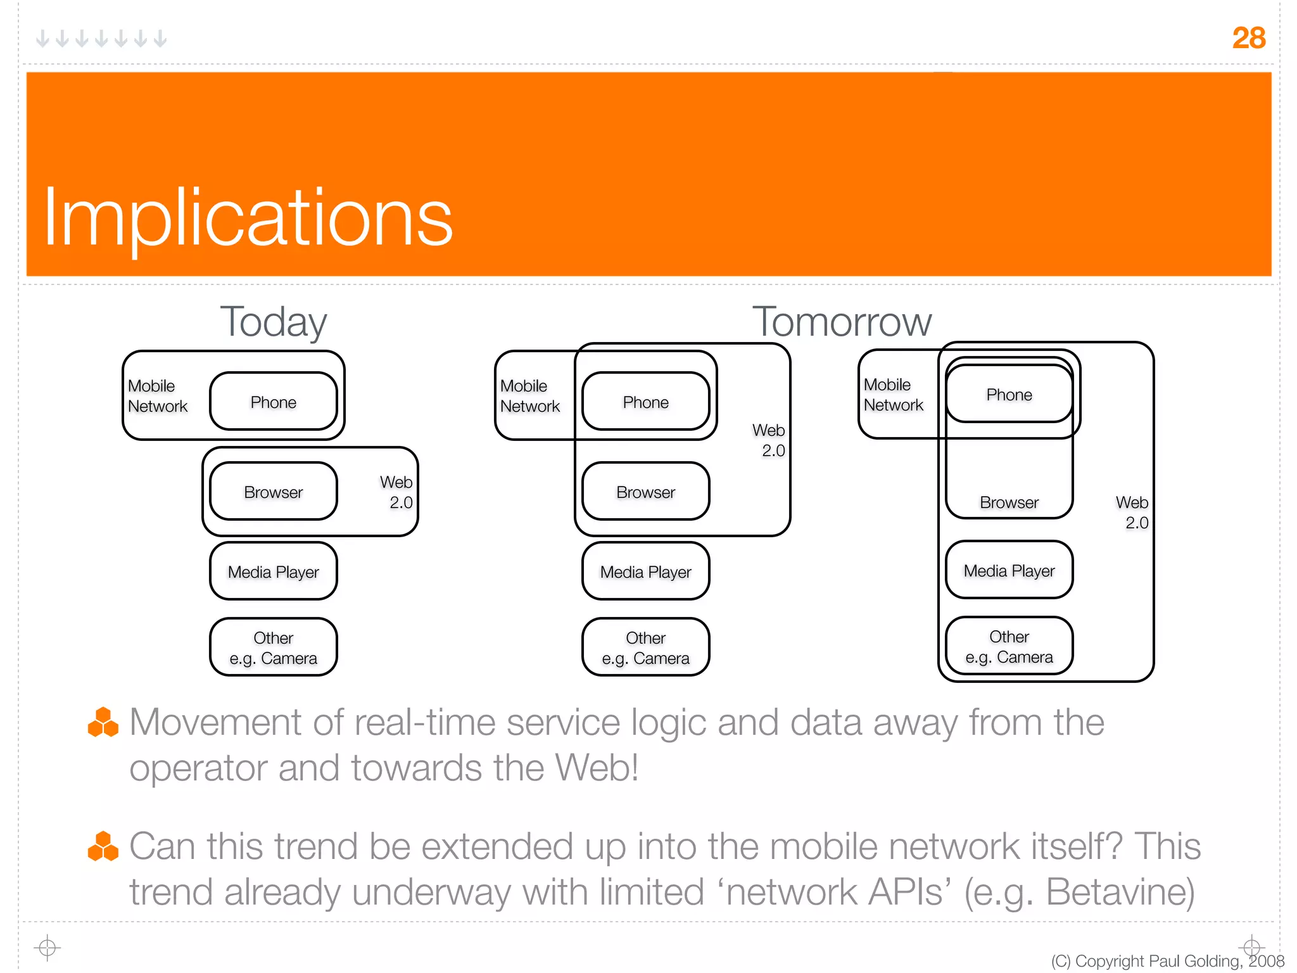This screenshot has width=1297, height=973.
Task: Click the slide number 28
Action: pos(1248,38)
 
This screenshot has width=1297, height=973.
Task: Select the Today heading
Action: pos(273,322)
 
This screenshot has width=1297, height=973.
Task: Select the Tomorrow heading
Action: pos(842,322)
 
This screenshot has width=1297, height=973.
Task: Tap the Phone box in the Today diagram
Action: pos(273,402)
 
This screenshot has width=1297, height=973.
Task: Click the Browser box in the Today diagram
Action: pos(273,492)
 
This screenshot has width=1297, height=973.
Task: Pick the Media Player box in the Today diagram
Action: pos(273,571)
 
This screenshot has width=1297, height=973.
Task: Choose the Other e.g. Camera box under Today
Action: pos(273,647)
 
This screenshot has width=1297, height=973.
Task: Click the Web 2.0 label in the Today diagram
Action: pos(397,492)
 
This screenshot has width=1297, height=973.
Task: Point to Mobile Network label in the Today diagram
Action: pos(157,396)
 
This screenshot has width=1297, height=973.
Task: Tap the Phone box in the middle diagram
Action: pos(645,402)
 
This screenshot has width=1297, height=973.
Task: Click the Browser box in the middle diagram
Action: pos(645,492)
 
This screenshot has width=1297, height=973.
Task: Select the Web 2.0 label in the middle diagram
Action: pos(769,440)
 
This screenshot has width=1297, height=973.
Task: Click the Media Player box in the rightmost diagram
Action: pos(1009,570)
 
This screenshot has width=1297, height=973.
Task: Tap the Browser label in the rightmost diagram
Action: pos(1009,502)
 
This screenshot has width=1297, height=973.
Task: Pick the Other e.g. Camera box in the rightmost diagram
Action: pos(1009,646)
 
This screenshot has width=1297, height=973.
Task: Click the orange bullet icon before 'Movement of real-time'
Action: pos(103,723)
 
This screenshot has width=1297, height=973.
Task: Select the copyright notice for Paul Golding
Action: pos(1167,961)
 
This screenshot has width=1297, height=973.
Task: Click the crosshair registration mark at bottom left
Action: pos(47,948)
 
